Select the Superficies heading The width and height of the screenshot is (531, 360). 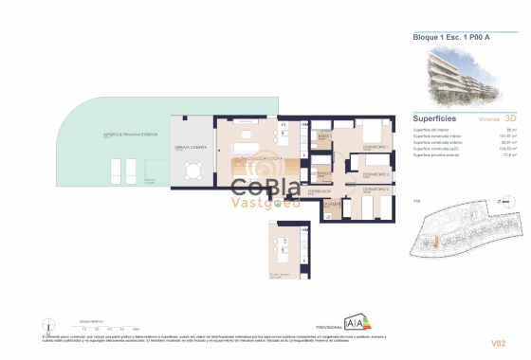(434, 119)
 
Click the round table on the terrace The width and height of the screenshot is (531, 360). (193, 171)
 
